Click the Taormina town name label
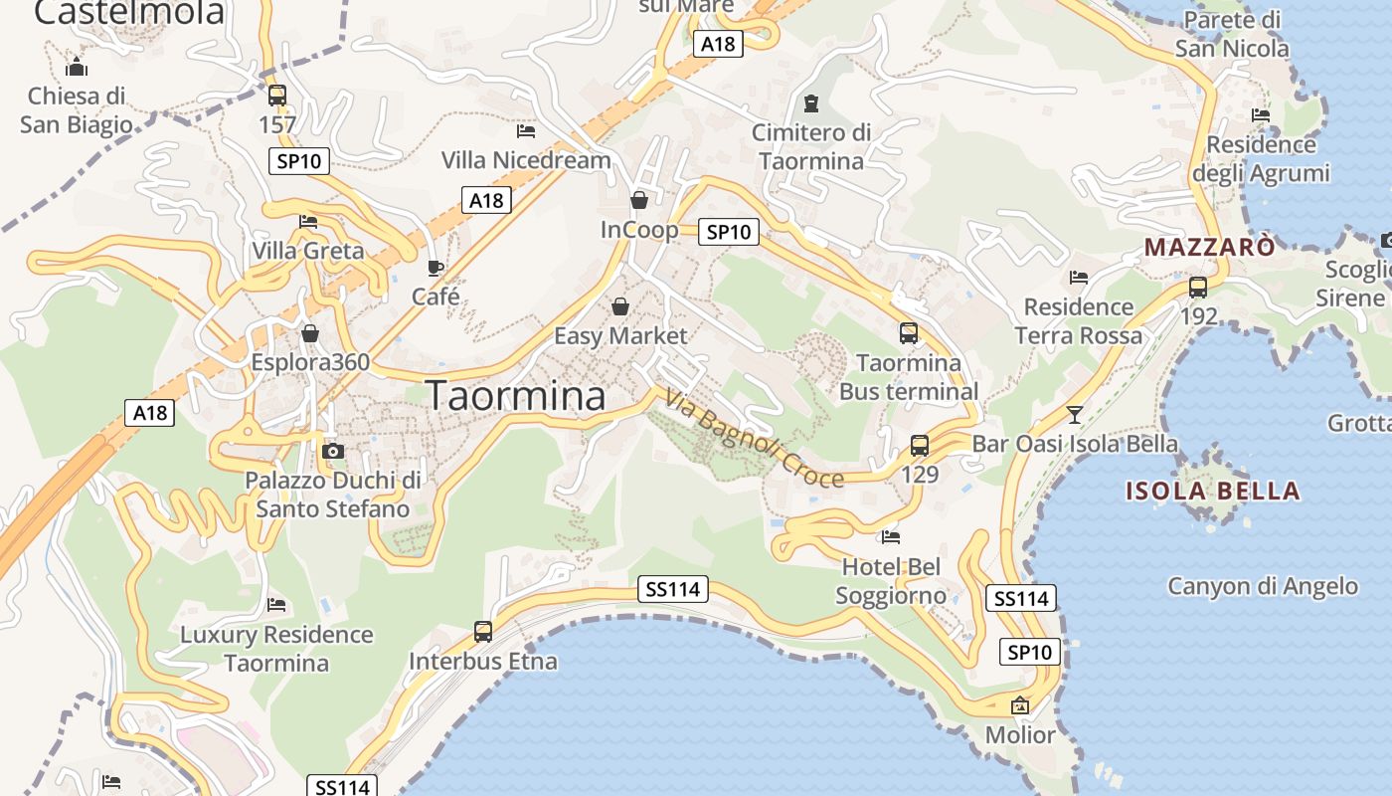516,396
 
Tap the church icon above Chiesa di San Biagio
77,68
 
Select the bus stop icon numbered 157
277,96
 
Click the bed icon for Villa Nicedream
526,130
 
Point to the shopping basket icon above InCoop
639,200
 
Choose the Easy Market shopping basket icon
620,306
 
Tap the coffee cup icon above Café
435,268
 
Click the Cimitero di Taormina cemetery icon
811,102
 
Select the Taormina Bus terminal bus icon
909,333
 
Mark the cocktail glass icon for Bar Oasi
1075,414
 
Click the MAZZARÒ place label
1209,247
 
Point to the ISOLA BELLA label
1212,491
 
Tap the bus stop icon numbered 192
1198,288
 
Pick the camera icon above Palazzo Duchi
333,451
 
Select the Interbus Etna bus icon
483,631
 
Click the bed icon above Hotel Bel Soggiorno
891,537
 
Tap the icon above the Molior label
1019,705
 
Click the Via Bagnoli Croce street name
754,439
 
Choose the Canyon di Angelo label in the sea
1263,586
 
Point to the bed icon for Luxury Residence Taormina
276,604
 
